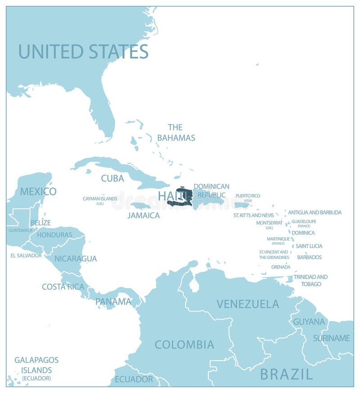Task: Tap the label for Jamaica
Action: tap(143, 215)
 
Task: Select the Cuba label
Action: tap(112, 178)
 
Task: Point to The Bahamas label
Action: tap(176, 132)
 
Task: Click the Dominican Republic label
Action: tap(211, 190)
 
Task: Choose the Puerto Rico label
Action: tap(248, 198)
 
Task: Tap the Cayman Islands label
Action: tap(100, 200)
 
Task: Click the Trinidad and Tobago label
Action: tap(310, 280)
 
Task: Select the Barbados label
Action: tap(309, 257)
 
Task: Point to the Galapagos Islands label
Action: tap(36, 368)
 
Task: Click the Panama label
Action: tap(113, 301)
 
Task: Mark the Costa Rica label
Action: tap(63, 286)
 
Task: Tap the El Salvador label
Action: tap(26, 255)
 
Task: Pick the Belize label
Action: tap(40, 222)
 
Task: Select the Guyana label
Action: tap(309, 321)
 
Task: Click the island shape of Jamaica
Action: tap(141, 206)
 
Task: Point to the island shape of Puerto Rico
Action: tap(242, 205)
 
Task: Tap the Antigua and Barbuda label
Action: tap(315, 212)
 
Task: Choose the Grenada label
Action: tap(281, 267)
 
